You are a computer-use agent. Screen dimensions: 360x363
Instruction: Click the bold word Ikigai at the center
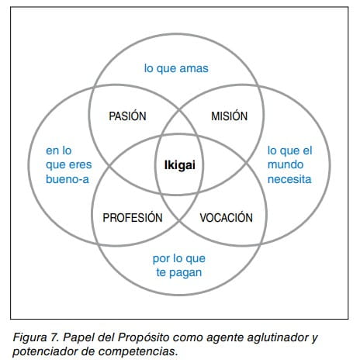pyautogui.click(x=180, y=165)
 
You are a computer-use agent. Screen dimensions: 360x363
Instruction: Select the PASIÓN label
pyautogui.click(x=127, y=116)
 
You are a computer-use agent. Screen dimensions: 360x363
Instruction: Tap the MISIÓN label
pyautogui.click(x=230, y=116)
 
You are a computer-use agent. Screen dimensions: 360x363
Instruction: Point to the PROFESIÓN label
pyautogui.click(x=133, y=217)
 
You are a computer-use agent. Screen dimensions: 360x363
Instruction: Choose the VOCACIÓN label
pyautogui.click(x=227, y=217)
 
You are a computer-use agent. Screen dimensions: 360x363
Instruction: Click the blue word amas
pyautogui.click(x=194, y=68)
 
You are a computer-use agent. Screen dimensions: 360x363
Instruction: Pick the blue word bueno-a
pyautogui.click(x=67, y=179)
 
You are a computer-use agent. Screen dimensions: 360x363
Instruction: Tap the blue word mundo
pyautogui.click(x=286, y=164)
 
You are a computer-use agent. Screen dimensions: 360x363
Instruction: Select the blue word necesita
pyautogui.click(x=289, y=179)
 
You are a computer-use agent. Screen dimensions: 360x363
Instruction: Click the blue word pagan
pyautogui.click(x=185, y=273)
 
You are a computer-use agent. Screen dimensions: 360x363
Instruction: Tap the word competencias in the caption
pyautogui.click(x=138, y=351)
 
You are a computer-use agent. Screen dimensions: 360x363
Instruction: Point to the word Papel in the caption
pyautogui.click(x=76, y=337)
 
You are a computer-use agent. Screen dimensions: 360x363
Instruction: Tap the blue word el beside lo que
pyautogui.click(x=307, y=150)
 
